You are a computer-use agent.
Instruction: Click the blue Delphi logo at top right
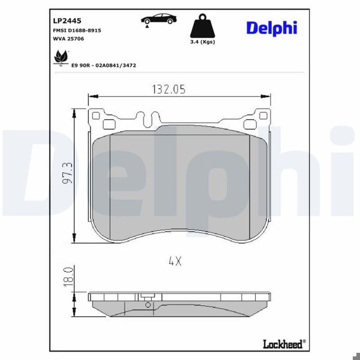click(271, 28)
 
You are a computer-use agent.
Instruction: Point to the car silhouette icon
click(159, 19)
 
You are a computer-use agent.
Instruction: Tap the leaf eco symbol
click(60, 58)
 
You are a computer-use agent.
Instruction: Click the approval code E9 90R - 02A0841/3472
click(104, 64)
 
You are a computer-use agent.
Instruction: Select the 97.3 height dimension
click(68, 174)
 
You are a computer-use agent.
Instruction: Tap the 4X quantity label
click(175, 261)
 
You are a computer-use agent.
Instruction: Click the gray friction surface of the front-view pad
click(180, 186)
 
